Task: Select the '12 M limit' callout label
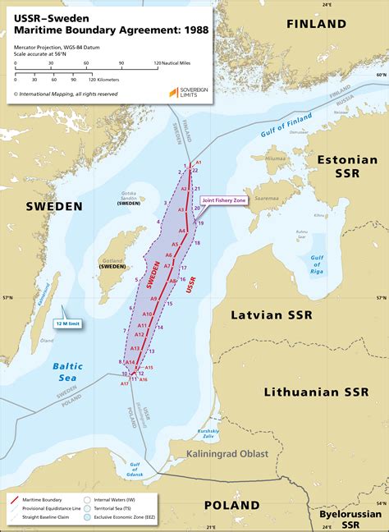(x=71, y=323)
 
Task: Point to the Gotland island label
(x=112, y=262)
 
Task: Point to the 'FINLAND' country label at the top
(x=316, y=24)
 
